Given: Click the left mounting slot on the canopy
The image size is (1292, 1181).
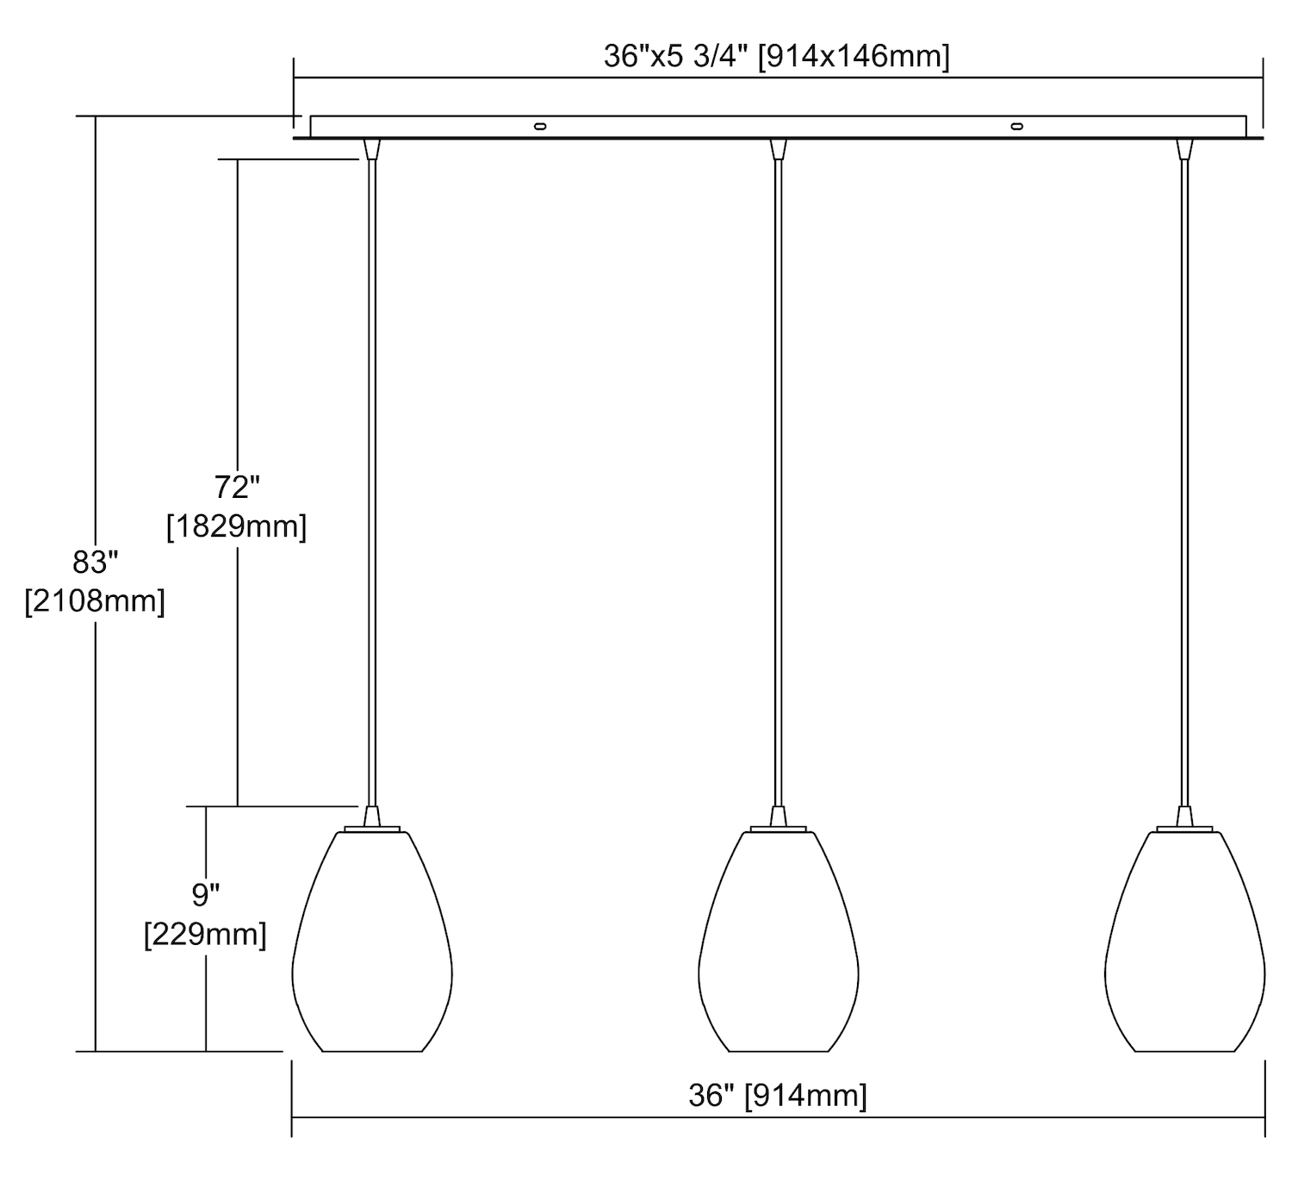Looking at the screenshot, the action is click(x=540, y=127).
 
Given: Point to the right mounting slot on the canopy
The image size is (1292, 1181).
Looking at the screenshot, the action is click(x=1016, y=127).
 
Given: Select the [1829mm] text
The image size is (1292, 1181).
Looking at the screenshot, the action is click(x=236, y=526).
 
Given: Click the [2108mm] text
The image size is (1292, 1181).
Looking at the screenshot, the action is click(x=95, y=601).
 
